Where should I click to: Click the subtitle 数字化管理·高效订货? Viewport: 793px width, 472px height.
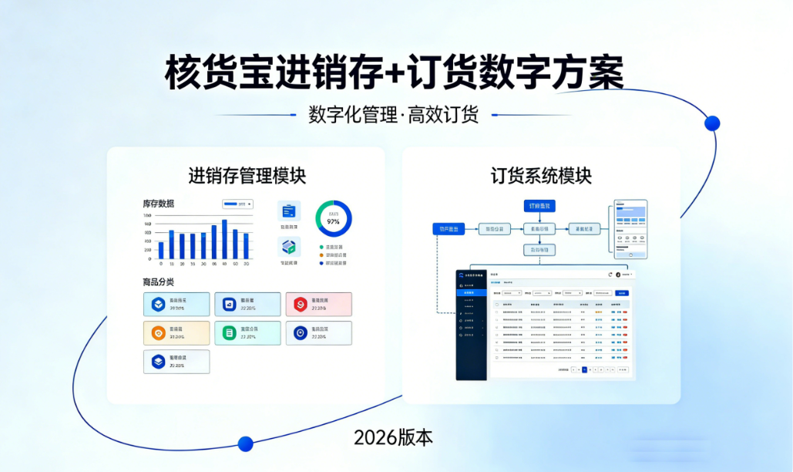pos(393,115)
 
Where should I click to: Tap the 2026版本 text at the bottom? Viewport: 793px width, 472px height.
pos(393,437)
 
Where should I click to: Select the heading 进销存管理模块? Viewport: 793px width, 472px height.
pos(247,175)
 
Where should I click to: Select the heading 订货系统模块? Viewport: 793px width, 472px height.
pos(541,175)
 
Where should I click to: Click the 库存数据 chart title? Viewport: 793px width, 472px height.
pos(158,204)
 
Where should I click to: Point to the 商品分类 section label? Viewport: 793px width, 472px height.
pos(158,282)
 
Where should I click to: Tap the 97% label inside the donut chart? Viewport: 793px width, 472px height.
pos(333,221)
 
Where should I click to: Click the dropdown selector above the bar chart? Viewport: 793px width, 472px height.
pos(237,204)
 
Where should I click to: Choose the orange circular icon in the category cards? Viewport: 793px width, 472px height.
pos(158,333)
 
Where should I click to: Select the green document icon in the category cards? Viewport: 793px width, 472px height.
pos(229,333)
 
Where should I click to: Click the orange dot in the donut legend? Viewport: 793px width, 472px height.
pos(321,255)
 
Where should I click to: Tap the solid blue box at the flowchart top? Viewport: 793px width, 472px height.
pos(541,206)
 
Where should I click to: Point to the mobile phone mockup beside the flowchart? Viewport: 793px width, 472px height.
pos(630,229)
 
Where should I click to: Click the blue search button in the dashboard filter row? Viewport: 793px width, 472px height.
pos(621,293)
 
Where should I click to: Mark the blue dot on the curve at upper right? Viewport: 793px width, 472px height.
pos(712,123)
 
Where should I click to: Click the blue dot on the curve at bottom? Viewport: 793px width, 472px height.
pos(245,443)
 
